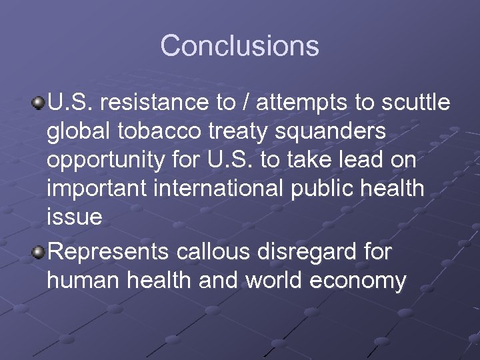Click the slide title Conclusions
tap(239, 46)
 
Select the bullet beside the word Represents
tap(39, 253)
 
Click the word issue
tap(74, 217)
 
